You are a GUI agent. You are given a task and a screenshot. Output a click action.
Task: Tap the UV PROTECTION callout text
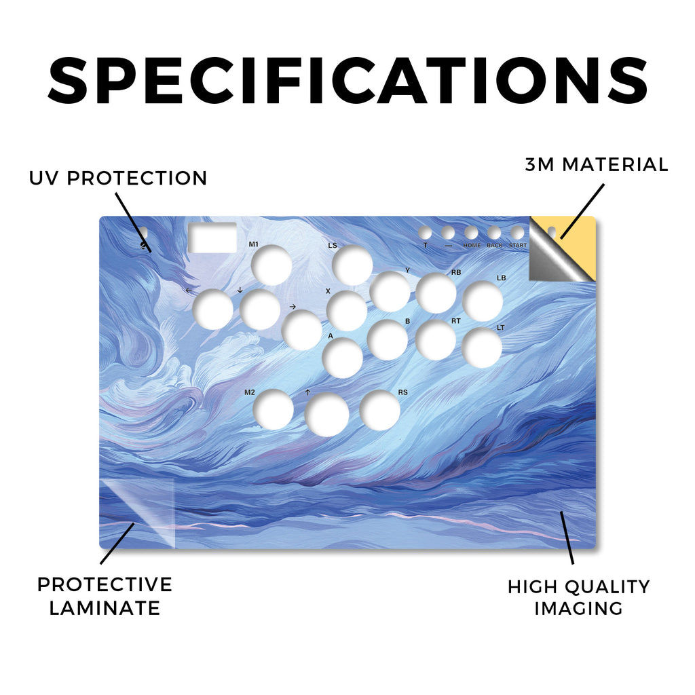coord(118,179)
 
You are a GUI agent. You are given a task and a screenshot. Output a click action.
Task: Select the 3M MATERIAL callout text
coord(597,164)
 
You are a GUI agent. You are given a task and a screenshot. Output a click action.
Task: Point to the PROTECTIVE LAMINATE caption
coord(105,596)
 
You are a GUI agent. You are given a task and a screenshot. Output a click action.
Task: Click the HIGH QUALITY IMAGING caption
coord(578,597)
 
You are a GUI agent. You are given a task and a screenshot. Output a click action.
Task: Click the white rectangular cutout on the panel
coord(212,238)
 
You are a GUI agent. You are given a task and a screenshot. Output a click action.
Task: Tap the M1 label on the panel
coord(254,244)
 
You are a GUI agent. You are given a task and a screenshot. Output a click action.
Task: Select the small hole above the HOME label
coord(471,233)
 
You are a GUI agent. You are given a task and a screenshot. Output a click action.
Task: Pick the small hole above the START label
coord(517,233)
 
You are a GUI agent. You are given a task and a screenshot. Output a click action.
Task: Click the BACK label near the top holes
coord(495,245)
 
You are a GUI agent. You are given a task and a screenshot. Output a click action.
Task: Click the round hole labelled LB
coord(483,301)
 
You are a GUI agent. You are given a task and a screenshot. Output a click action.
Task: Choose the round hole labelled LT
coord(482,348)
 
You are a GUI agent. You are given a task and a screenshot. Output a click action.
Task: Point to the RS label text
coord(402,392)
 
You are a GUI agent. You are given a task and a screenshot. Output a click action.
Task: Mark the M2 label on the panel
coord(250,392)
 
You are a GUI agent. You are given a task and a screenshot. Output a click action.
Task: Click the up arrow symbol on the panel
coord(307,392)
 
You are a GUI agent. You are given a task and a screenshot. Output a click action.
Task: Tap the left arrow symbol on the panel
coord(189,290)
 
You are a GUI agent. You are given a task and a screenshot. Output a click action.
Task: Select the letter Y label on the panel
coord(408,270)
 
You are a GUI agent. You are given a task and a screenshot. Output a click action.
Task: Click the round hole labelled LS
coord(352,265)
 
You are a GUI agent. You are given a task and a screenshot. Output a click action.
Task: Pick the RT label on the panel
coord(456,321)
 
